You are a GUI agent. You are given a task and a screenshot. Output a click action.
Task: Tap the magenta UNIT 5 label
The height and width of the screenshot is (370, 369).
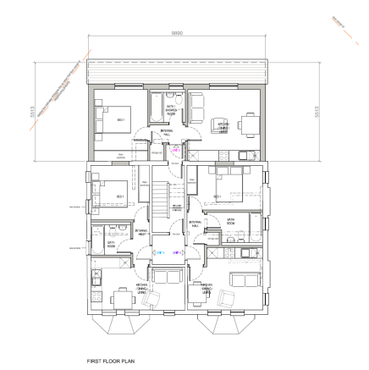[x=175, y=150]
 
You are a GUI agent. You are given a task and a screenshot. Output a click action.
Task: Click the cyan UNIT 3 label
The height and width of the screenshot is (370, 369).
[x=158, y=251]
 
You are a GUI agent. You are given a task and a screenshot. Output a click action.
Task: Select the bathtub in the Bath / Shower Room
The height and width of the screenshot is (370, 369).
[x=158, y=107]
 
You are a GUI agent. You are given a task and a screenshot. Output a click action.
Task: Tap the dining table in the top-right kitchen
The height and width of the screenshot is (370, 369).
[x=248, y=124]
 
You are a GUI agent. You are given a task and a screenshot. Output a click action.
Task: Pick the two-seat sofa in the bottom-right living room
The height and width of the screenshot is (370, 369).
[x=246, y=279]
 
